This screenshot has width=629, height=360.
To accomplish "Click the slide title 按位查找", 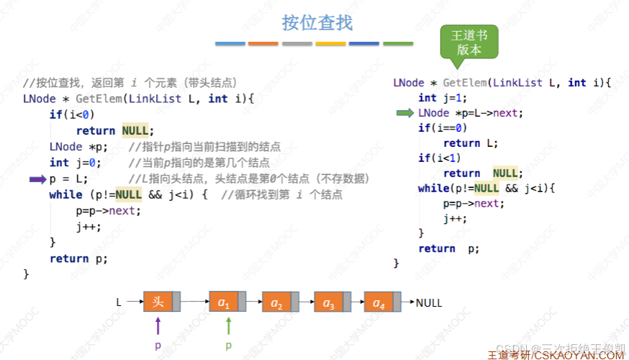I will coord(317,22).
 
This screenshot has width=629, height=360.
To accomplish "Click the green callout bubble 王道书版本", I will coord(469,43).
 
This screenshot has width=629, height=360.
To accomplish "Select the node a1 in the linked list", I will coord(224,303).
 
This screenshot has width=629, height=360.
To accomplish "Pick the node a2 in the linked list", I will coord(276,303).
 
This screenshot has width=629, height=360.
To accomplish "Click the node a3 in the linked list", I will coord(329,303).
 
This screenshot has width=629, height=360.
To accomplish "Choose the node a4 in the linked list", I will coord(379,303).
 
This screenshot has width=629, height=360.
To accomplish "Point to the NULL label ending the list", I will coord(429,303).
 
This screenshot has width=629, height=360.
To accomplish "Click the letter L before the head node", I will coord(119,303).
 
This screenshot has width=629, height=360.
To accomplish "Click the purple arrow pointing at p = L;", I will coord(37,179).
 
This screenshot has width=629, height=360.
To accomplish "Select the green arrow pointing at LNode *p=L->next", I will coord(406,113).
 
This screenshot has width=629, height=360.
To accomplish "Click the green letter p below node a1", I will coord(228,346).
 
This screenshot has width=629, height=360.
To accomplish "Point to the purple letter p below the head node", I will coord(158,346).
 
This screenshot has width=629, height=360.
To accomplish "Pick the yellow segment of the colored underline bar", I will coord(331,44).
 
